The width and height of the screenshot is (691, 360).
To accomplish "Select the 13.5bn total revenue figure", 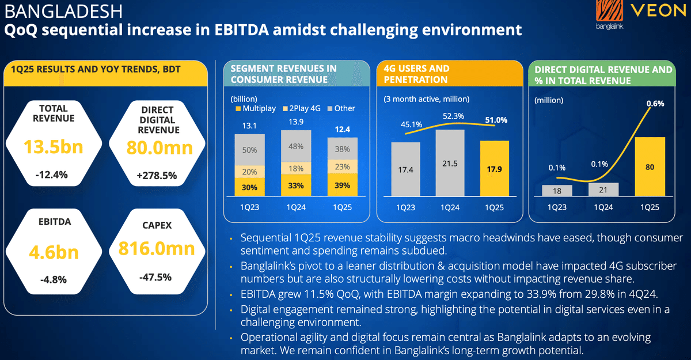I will click(54, 147).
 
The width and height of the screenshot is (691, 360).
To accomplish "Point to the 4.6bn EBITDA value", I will click(54, 253).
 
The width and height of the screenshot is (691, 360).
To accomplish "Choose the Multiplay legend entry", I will click(256, 108).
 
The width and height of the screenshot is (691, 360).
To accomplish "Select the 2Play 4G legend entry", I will click(302, 108).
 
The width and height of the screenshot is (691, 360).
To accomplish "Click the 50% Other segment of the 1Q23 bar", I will click(250, 150).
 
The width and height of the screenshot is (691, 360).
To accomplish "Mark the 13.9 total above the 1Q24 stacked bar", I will click(296, 122).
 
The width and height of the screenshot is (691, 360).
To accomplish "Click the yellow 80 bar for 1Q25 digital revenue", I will click(650, 167).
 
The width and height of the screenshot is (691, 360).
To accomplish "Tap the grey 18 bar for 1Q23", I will click(557, 191).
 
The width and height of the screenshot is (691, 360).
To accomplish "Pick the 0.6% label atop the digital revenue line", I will click(655, 104).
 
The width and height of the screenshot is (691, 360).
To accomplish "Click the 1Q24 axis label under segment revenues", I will click(296, 207).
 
